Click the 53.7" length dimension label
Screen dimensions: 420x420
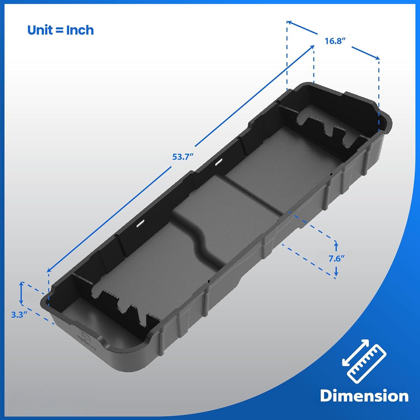[183, 157]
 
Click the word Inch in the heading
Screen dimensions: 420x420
[80, 30]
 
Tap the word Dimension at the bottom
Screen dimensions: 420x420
[364, 396]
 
